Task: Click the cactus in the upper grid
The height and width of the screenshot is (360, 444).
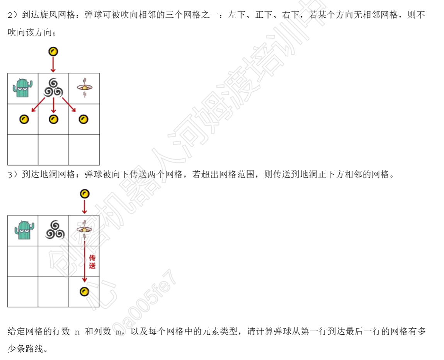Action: (23, 88)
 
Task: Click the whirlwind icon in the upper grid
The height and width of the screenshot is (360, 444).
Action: (53, 88)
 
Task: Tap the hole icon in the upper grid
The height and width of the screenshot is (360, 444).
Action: (84, 88)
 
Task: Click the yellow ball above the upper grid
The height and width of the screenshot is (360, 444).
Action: (53, 51)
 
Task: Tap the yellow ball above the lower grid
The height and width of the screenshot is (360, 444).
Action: (84, 194)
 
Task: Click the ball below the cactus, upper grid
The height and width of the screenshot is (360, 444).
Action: (24, 119)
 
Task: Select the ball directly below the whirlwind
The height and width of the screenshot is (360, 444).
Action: (53, 119)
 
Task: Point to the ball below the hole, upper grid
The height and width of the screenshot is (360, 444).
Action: (83, 119)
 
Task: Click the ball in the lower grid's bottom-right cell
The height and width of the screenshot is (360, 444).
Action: (84, 292)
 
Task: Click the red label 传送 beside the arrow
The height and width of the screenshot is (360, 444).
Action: (92, 262)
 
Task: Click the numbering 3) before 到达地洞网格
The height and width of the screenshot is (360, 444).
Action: (13, 175)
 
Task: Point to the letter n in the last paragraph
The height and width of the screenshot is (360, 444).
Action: (77, 332)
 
